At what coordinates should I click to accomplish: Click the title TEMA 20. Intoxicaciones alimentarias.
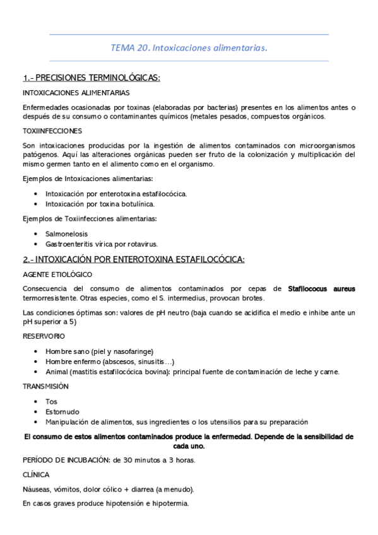(189, 47)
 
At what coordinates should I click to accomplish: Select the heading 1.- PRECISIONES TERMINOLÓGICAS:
(92, 78)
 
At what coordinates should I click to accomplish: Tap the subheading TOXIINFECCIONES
(52, 131)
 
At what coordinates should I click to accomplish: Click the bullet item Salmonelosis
(66, 233)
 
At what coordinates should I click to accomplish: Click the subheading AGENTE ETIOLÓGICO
(57, 274)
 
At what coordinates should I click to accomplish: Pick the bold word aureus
(345, 288)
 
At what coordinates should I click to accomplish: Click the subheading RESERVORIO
(44, 336)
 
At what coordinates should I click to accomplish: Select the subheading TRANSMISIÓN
(46, 385)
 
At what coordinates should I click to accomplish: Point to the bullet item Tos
(51, 401)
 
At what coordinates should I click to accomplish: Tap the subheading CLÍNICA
(35, 474)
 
